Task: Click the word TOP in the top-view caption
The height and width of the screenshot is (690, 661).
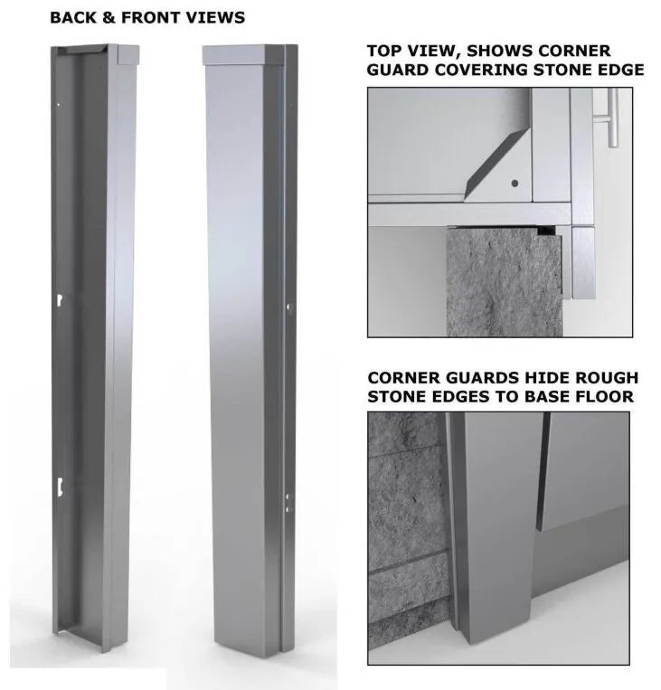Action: coord(384,52)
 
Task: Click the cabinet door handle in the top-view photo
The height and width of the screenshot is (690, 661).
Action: coord(612,118)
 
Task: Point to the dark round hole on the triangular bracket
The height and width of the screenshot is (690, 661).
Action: coord(515,183)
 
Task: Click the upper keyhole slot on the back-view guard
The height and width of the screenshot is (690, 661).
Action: coord(58,299)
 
